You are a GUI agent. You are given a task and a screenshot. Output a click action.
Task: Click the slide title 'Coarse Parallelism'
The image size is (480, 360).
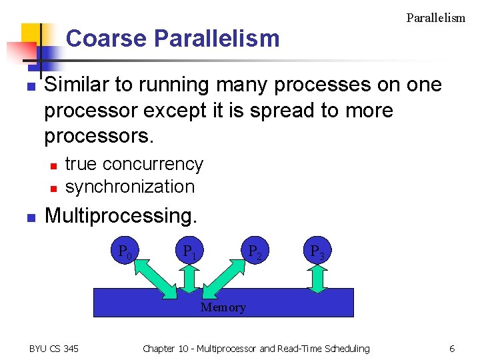(173, 39)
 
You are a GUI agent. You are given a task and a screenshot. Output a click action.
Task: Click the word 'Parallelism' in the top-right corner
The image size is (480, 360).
(435, 18)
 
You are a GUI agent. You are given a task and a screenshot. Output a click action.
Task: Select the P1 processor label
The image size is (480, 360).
(189, 252)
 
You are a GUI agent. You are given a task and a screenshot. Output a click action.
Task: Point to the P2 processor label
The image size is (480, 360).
(254, 252)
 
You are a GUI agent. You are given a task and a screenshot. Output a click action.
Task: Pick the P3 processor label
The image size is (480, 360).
(317, 252)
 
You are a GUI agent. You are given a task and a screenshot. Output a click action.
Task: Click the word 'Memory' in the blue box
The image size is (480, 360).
(223, 307)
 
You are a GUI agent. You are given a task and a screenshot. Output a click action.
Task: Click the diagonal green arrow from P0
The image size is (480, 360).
(157, 277)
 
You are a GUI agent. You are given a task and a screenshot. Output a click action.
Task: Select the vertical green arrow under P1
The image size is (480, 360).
(189, 279)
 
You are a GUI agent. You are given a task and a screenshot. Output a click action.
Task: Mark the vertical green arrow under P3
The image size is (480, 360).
(317, 279)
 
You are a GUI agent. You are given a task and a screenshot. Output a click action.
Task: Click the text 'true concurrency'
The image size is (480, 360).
(134, 164)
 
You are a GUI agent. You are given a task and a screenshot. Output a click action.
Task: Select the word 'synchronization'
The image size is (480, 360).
(130, 187)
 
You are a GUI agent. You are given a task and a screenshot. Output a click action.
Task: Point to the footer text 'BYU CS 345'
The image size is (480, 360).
(54, 348)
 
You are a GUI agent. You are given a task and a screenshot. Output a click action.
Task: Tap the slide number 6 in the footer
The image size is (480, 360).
(452, 348)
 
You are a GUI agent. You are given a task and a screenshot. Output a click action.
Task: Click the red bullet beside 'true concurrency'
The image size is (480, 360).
(53, 165)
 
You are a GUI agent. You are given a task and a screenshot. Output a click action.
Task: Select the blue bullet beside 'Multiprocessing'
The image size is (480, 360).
(30, 217)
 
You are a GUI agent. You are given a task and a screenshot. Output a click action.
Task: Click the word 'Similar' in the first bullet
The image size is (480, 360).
(73, 85)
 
